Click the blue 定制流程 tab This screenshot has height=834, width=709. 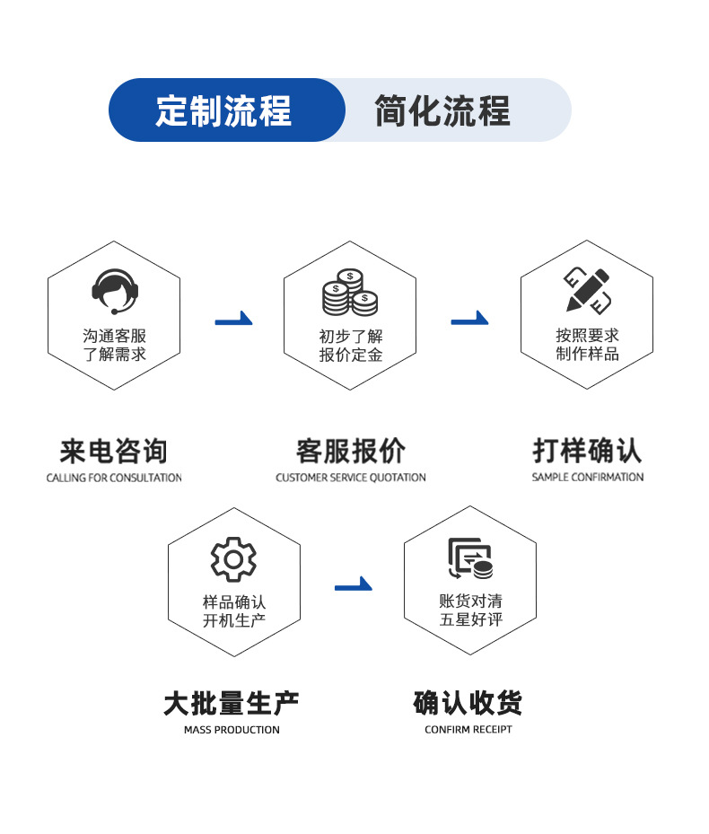point(224,110)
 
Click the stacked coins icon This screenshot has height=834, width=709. point(350,293)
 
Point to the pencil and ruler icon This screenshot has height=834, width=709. point(588,289)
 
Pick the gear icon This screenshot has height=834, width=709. point(233,559)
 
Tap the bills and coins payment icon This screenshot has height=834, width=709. point(470,558)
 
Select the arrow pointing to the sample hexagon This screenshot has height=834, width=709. point(469,319)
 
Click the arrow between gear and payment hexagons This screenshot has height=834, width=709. point(353,585)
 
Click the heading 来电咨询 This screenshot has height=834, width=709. point(114,451)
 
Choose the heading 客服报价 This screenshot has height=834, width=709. point(350,451)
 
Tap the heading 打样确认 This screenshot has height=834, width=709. point(588,451)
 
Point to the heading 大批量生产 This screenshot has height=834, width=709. point(232,703)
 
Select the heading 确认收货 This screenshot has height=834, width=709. point(468,703)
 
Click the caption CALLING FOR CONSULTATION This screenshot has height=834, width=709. point(114,478)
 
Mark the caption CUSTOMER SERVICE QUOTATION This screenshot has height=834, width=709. point(350,478)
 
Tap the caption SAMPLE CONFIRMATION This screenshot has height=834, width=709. point(588,478)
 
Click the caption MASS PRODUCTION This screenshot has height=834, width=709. point(232,730)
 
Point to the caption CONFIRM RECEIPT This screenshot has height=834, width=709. point(468,730)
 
